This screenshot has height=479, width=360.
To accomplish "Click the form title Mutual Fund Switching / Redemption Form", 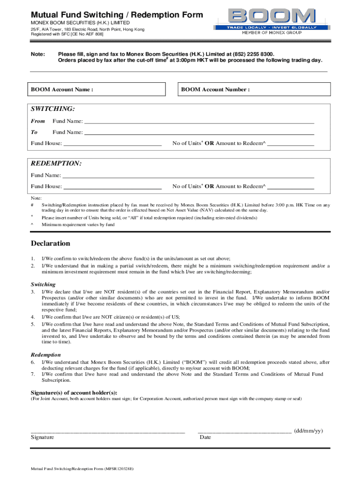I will tap(117, 15).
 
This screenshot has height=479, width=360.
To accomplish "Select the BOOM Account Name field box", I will tap(97, 89).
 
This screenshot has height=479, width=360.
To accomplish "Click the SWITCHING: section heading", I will tap(53, 109).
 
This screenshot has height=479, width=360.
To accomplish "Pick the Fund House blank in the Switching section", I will tap(112, 143).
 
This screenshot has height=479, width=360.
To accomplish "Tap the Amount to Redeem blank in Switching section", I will tap(290, 143).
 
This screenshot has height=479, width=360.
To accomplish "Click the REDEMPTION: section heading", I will tap(56, 164).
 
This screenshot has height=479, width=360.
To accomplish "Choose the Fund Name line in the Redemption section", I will tap(188, 175).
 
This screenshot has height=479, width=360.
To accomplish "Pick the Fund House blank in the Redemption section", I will tap(112, 186).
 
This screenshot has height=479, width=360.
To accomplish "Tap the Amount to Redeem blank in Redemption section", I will tap(290, 186).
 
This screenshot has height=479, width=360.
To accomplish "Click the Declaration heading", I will tap(50, 243).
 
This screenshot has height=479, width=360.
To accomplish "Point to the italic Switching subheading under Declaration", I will tap(43, 284).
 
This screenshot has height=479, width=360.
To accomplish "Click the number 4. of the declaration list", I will tap(33, 317).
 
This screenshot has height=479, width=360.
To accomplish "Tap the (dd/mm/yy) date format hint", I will tap(309, 431).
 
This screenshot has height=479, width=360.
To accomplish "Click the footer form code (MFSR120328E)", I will tap(119, 468).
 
